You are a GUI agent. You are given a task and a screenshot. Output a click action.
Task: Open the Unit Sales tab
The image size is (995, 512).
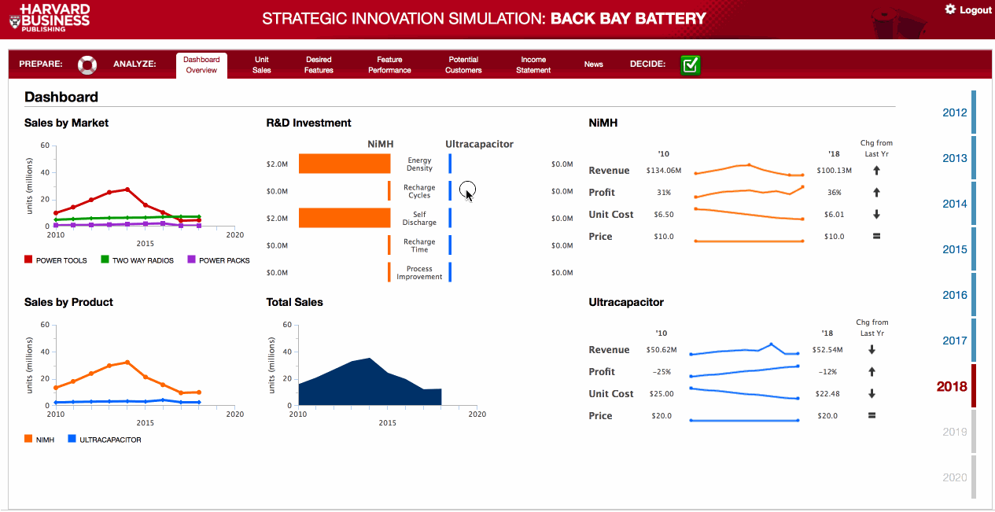click(262, 64)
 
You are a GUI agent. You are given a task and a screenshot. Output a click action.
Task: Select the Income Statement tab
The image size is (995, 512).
click(533, 64)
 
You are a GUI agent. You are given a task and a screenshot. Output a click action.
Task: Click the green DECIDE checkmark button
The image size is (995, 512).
click(691, 64)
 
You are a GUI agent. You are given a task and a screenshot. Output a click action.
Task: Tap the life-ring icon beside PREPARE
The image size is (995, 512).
click(87, 64)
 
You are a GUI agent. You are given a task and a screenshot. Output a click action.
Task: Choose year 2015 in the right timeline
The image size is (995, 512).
click(955, 249)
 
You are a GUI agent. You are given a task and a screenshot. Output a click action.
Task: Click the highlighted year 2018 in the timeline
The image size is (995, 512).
click(952, 386)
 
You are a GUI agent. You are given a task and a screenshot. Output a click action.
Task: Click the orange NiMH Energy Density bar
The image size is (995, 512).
click(345, 164)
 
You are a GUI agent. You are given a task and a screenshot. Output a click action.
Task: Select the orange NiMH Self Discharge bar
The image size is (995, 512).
click(345, 218)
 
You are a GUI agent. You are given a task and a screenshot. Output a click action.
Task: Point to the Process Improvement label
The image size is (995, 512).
click(419, 273)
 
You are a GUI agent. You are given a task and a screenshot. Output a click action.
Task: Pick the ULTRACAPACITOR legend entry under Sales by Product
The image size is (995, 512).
click(105, 440)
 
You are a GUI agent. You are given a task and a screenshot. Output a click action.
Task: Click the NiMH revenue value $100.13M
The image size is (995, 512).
click(834, 171)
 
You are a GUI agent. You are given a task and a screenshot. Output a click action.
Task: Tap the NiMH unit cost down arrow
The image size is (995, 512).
click(876, 215)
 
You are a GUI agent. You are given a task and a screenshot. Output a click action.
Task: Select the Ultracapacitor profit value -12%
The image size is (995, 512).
click(827, 372)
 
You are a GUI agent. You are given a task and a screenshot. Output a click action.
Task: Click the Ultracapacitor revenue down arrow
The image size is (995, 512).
click(872, 350)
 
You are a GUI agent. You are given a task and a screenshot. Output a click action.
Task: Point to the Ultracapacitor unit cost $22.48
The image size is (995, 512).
click(827, 394)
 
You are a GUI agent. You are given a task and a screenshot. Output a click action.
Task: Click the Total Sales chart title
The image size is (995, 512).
click(294, 302)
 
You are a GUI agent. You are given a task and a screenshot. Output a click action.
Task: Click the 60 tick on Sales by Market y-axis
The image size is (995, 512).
click(45, 145)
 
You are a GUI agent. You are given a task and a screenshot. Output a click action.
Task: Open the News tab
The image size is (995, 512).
click(593, 64)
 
